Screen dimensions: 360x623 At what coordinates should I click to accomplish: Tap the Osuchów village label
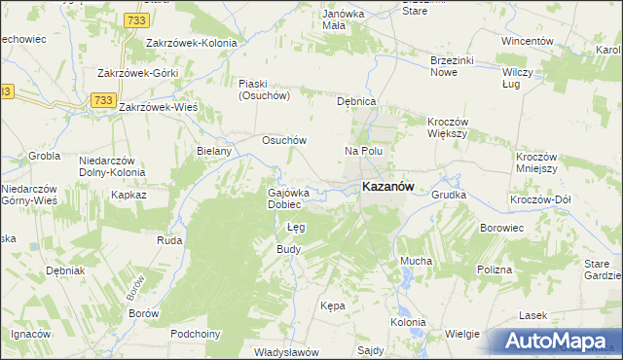(x=284, y=140)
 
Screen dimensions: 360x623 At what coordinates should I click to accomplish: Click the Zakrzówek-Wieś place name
(x=159, y=107)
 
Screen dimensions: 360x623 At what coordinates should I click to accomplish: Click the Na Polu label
(x=364, y=152)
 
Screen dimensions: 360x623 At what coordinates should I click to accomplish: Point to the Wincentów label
(x=528, y=42)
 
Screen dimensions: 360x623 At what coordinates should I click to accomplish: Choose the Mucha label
(x=417, y=262)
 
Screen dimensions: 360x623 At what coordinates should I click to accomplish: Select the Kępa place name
(x=333, y=306)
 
